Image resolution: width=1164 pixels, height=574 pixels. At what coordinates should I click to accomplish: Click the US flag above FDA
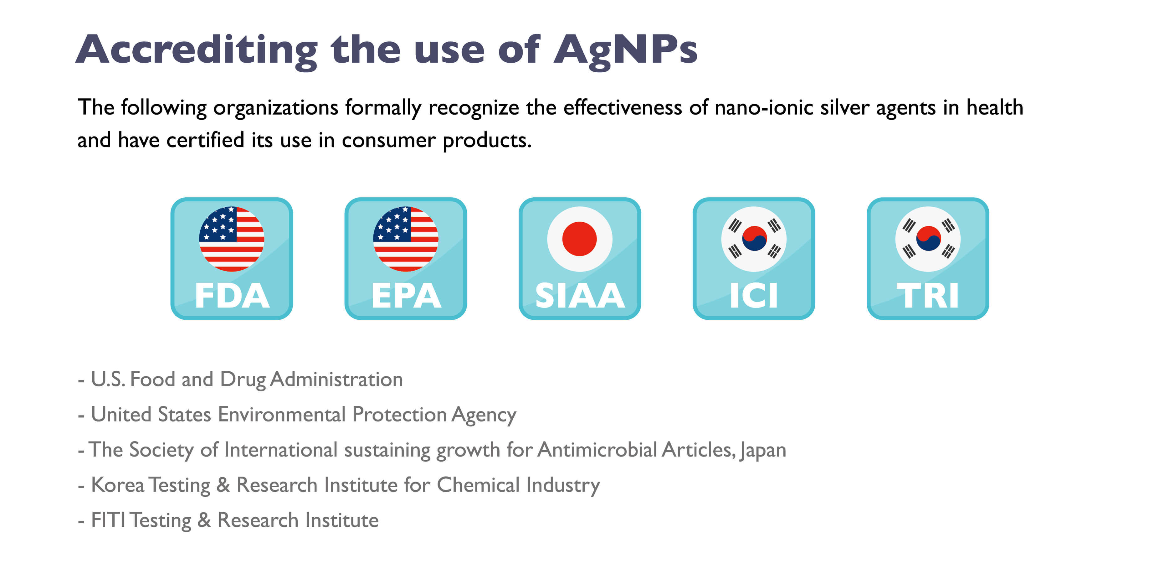point(231,239)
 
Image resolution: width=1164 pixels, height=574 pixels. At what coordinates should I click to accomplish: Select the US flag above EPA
point(405,239)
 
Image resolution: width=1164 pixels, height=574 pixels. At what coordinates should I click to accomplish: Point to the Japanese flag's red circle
point(579,239)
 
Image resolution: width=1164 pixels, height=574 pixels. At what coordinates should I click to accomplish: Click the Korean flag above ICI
point(754,239)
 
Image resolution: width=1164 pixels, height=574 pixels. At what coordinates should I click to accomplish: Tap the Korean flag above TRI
point(928,239)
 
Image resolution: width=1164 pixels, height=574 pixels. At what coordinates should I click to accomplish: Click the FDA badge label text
point(232,296)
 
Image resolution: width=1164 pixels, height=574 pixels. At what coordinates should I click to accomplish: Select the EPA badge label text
point(406,296)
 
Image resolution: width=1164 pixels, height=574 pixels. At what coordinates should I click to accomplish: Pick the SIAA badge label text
point(580,296)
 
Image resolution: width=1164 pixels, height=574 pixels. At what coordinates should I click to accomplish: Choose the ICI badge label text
point(754,296)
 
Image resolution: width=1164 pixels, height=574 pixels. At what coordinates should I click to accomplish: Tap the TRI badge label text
point(928,296)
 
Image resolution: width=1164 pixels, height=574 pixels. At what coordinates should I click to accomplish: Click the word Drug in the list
point(243,380)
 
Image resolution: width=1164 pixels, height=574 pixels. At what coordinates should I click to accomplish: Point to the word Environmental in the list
point(281,415)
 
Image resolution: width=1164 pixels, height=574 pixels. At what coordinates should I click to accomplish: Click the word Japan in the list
point(763,451)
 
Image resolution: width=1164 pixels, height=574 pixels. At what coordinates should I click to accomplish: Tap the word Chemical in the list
point(478,485)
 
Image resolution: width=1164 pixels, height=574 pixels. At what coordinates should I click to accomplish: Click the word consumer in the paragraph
point(389,141)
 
